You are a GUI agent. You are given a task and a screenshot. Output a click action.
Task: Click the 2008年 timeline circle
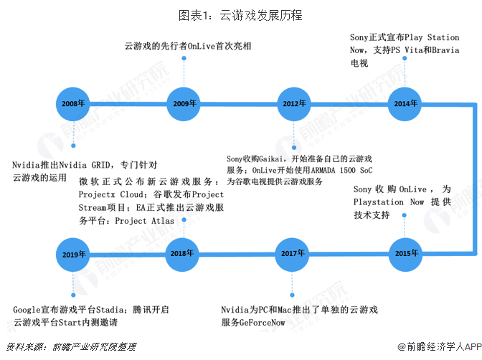click(x=73, y=103)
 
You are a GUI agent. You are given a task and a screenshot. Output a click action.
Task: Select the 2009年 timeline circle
click(x=184, y=103)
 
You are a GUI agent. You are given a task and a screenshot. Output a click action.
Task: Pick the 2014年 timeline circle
click(x=405, y=103)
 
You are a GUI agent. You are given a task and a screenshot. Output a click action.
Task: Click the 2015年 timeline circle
click(x=405, y=254)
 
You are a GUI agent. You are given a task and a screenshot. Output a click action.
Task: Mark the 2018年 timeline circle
click(x=184, y=254)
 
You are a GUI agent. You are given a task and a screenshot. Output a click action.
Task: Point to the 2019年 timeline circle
click(x=73, y=254)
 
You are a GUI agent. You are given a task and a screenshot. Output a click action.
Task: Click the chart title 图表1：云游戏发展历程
click(x=241, y=14)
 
